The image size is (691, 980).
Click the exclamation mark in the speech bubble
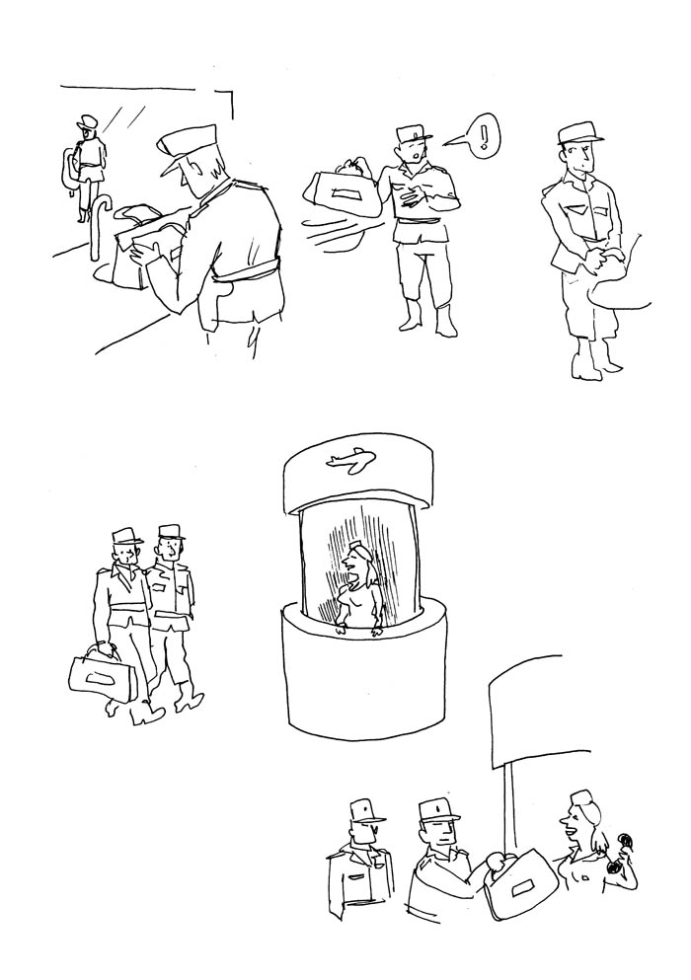tap(483, 133)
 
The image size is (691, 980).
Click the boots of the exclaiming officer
tap(425, 318)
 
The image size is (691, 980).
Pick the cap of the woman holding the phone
tap(581, 797)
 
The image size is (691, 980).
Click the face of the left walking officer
tap(129, 555)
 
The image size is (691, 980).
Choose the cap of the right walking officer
tap(171, 532)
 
